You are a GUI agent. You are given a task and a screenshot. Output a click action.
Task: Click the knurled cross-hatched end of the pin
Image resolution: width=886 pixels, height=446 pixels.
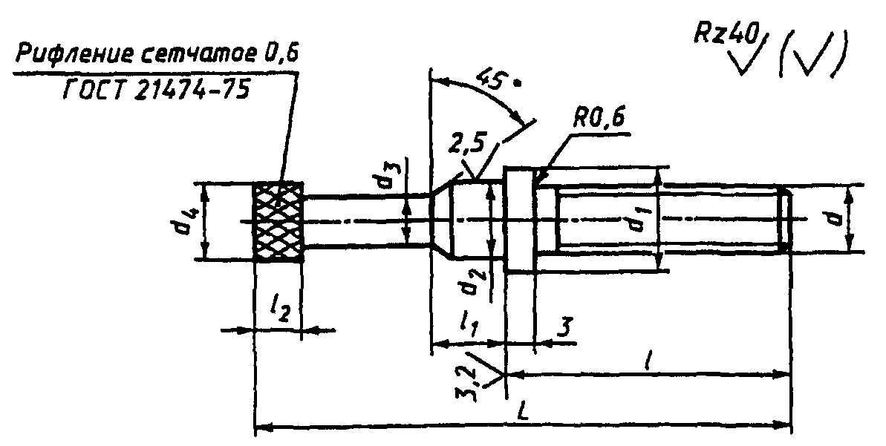(x=278, y=221)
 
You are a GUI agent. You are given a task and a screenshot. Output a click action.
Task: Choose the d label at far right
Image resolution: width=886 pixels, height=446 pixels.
(x=838, y=215)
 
